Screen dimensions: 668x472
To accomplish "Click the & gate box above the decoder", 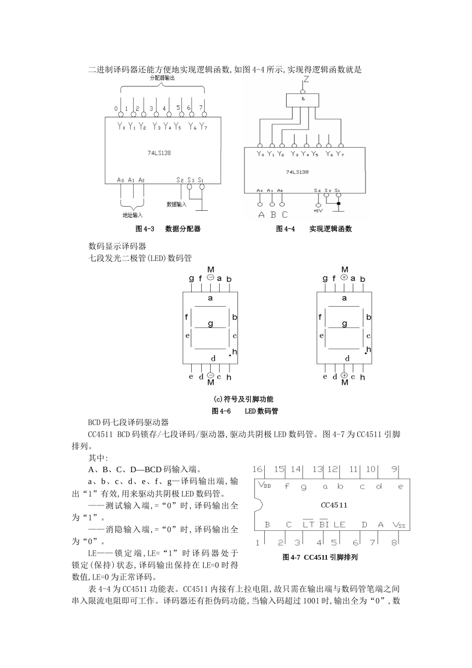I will tap(303, 99).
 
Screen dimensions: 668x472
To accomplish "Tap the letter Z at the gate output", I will tap(306, 80).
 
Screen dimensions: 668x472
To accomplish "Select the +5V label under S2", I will tap(318, 211).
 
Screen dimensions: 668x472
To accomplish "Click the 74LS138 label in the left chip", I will tap(159, 153).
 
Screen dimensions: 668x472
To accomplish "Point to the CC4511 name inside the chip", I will tap(334, 505).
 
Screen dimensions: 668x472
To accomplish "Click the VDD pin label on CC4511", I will tap(264, 485).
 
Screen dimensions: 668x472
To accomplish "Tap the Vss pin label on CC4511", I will tap(398, 525).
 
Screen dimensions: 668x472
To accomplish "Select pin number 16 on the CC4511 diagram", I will tap(257, 469).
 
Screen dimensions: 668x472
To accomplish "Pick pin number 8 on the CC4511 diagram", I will tap(394, 542).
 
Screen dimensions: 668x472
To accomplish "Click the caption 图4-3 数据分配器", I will tap(168, 229).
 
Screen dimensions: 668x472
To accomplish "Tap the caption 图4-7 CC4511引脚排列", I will tap(320, 557).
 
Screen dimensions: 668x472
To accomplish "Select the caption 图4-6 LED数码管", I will tap(245, 411).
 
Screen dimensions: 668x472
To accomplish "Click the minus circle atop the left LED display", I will tap(210, 278).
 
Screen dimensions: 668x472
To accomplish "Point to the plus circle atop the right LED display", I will tap(344, 278).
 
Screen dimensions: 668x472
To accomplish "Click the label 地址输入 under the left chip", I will tap(132, 215).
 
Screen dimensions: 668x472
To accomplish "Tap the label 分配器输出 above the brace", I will tap(162, 78).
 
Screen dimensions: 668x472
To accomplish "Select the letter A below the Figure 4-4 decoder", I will tap(261, 215).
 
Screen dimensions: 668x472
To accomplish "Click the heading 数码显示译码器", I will tap(117, 246).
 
